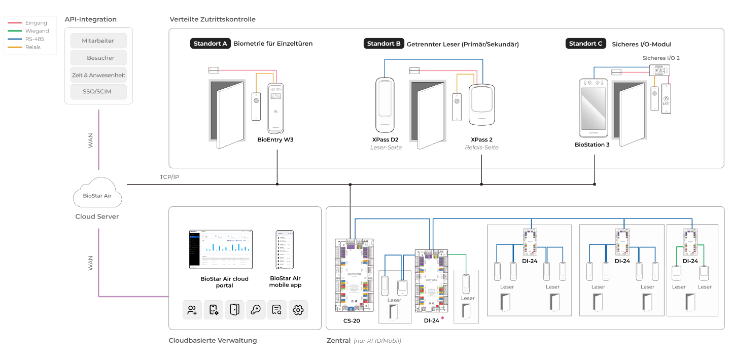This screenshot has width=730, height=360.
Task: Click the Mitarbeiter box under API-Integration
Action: [x=98, y=41]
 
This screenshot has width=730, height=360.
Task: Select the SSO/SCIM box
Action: [x=98, y=92]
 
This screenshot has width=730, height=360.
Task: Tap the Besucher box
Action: [x=98, y=58]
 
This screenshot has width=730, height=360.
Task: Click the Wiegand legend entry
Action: [x=37, y=31]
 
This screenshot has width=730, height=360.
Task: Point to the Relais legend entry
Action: [x=32, y=47]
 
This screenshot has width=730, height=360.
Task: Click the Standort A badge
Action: [x=210, y=44]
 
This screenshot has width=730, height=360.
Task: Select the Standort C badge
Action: [x=585, y=44]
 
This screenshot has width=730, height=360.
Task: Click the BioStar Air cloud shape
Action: [x=97, y=195]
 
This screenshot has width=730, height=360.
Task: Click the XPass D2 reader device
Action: [x=386, y=104]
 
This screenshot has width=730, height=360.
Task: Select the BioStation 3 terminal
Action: [x=593, y=108]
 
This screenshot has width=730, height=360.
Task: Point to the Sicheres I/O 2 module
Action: [x=660, y=70]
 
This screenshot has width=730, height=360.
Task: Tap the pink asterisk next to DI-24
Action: [x=442, y=318]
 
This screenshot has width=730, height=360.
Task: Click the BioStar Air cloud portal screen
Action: [x=221, y=249]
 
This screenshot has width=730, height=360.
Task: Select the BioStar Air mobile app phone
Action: [x=285, y=249]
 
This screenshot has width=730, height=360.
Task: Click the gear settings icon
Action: [x=298, y=310]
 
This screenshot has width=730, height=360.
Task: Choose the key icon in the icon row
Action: [x=256, y=310]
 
